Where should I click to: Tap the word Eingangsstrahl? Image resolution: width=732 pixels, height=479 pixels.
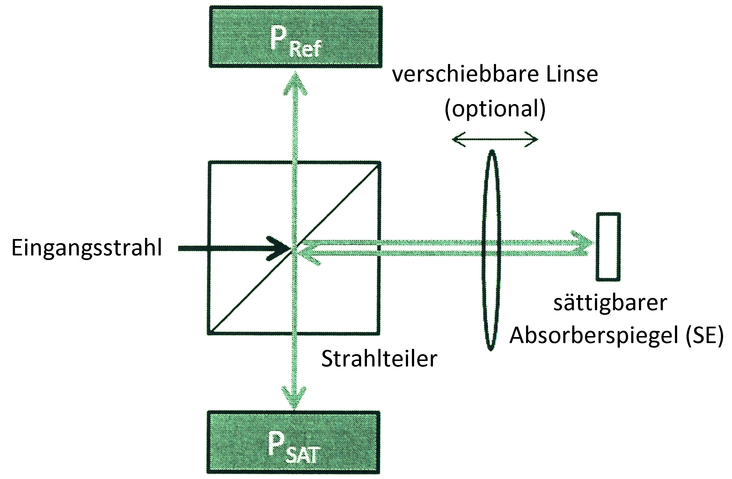[87, 248]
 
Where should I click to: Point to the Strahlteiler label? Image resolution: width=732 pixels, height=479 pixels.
[379, 359]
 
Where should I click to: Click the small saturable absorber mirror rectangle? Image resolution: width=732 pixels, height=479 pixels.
[608, 247]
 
